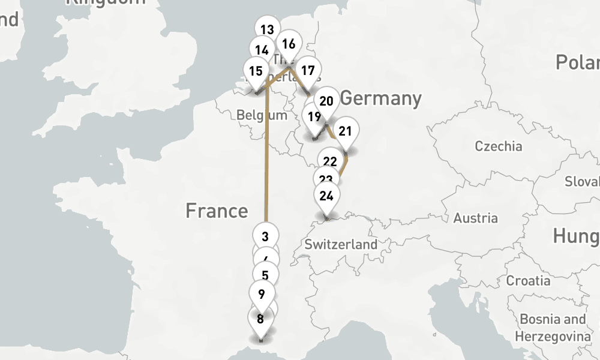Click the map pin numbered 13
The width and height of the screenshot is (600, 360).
point(267,29)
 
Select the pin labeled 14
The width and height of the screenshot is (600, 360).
point(261,50)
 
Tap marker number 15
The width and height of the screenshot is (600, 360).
point(256,71)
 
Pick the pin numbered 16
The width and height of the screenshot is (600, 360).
point(289,44)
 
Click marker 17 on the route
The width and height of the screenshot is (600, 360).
point(308,70)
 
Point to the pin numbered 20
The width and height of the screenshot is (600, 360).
point(327,100)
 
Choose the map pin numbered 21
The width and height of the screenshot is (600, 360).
point(345,130)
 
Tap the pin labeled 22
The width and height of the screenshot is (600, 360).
point(329,161)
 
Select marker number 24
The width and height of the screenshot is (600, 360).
point(326,196)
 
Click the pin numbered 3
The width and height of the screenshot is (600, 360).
point(266,235)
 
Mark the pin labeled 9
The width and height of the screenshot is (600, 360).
point(261,294)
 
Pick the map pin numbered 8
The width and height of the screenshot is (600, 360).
point(260,319)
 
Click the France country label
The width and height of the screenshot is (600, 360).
point(216,211)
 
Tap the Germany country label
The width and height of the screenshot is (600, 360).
point(381,98)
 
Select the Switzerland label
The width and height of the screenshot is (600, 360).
point(341,244)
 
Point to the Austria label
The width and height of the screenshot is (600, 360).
point(475,218)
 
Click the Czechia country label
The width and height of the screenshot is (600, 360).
point(498,146)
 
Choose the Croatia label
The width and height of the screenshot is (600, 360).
point(528,280)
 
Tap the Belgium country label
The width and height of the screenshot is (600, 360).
point(262,115)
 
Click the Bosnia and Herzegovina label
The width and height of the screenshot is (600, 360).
point(552,328)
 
